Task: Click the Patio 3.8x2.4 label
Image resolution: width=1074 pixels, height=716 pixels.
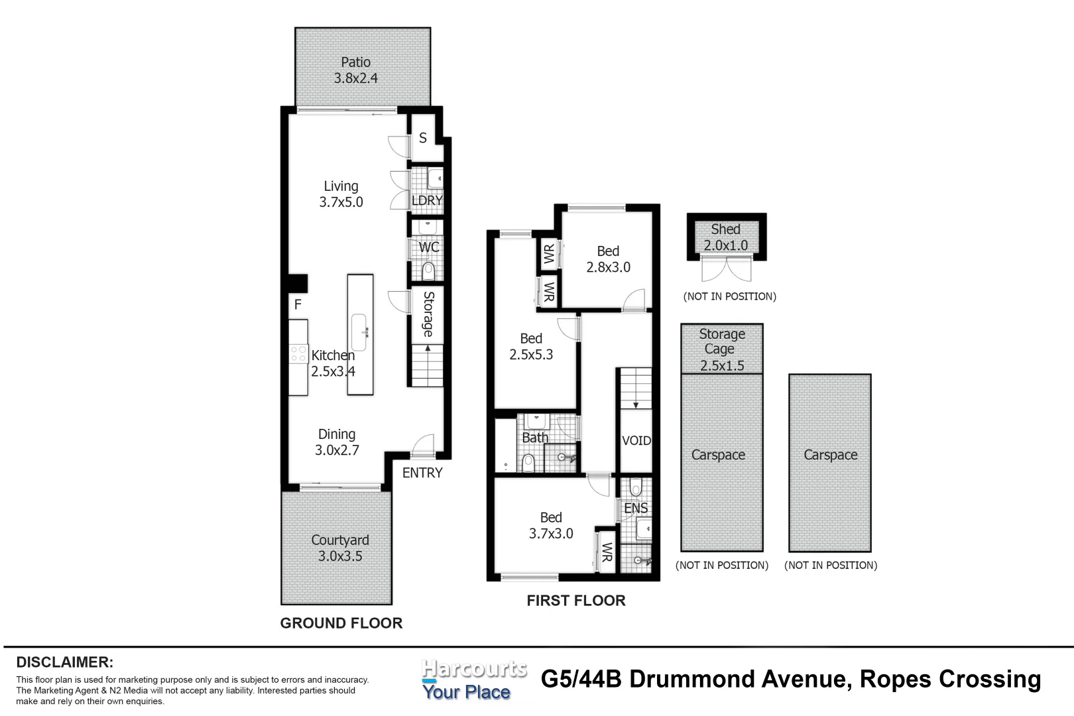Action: (355, 70)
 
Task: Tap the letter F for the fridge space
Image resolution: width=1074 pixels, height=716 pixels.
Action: (298, 305)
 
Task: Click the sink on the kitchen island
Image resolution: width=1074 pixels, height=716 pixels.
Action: (360, 332)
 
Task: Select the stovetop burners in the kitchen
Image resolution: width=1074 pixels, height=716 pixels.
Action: (298, 353)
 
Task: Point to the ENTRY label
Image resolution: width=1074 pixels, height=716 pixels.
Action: (422, 473)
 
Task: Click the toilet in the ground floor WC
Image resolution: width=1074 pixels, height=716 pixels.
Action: (428, 270)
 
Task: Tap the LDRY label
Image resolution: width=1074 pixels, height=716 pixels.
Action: (426, 200)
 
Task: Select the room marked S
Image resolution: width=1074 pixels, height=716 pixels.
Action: (423, 138)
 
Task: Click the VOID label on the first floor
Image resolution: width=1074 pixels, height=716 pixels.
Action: (636, 441)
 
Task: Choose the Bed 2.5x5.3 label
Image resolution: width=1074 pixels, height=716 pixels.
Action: (531, 347)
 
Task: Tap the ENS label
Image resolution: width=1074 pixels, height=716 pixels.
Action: (636, 508)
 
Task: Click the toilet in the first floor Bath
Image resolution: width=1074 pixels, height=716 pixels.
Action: (528, 462)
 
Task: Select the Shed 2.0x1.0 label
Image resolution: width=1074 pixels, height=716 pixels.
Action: (725, 237)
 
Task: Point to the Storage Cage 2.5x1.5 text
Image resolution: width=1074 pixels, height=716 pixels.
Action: (722, 349)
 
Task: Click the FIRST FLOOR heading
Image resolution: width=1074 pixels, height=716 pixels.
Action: (575, 601)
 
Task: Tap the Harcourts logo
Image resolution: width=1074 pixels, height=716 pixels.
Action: (473, 680)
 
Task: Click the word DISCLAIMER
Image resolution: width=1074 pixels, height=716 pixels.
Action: (64, 662)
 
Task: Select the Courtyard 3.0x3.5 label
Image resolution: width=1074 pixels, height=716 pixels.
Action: (340, 548)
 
